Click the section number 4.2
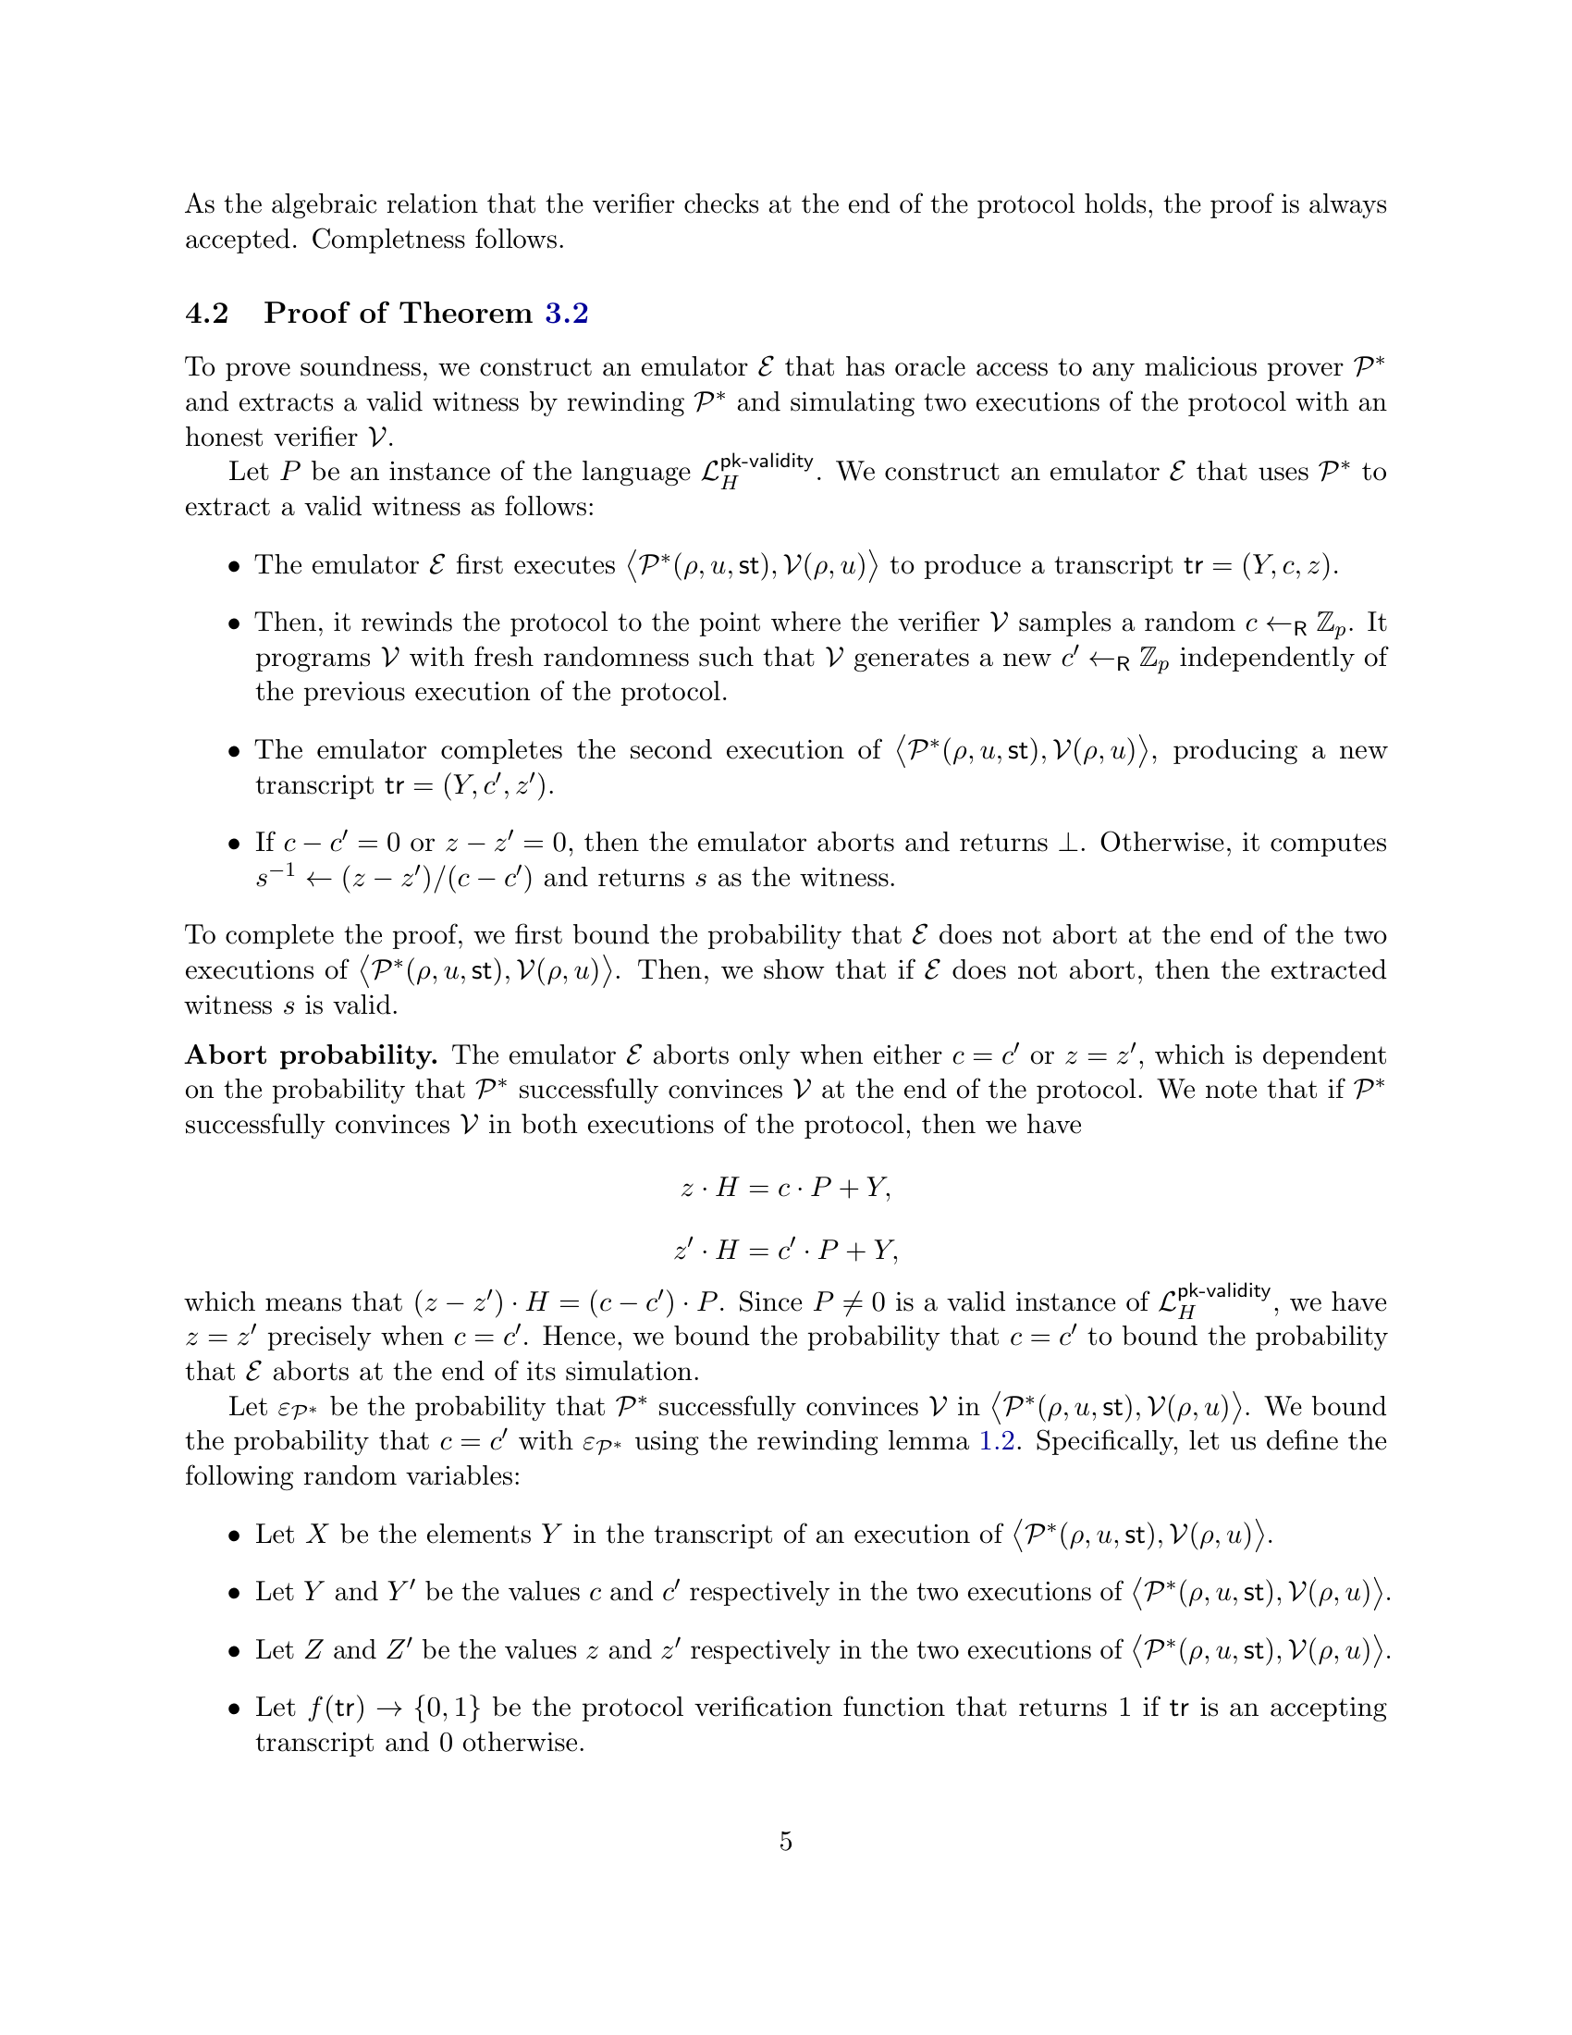pos(207,313)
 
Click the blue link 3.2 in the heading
pos(566,313)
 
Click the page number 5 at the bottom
pos(786,1841)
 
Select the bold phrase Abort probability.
pos(311,1055)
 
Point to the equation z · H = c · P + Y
pos(786,1188)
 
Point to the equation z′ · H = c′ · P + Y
pos(786,1250)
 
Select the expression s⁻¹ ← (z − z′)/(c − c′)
pos(394,878)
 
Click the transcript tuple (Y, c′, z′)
pos(497,785)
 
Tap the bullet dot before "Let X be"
pos(234,1536)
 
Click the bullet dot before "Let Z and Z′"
pos(234,1652)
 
